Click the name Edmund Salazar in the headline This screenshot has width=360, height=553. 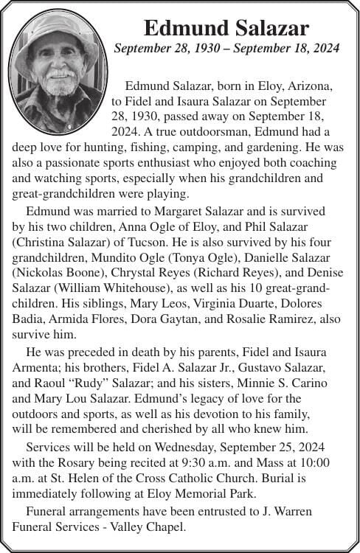[226, 28]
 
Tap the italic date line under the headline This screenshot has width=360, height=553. [226, 49]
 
